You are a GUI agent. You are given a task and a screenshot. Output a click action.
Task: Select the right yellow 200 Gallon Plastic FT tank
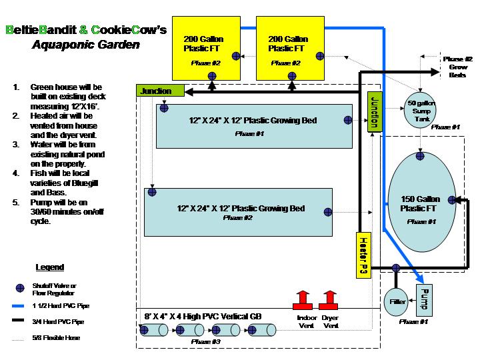pyautogui.click(x=288, y=47)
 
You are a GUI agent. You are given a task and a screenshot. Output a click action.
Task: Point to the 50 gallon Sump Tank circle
pyautogui.click(x=421, y=112)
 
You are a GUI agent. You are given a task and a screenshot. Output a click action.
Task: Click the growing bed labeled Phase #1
pyautogui.click(x=253, y=125)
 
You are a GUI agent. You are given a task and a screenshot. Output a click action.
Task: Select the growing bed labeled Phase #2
pyautogui.click(x=239, y=212)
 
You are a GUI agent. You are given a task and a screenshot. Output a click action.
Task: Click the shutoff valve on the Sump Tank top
pyautogui.click(x=420, y=97)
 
